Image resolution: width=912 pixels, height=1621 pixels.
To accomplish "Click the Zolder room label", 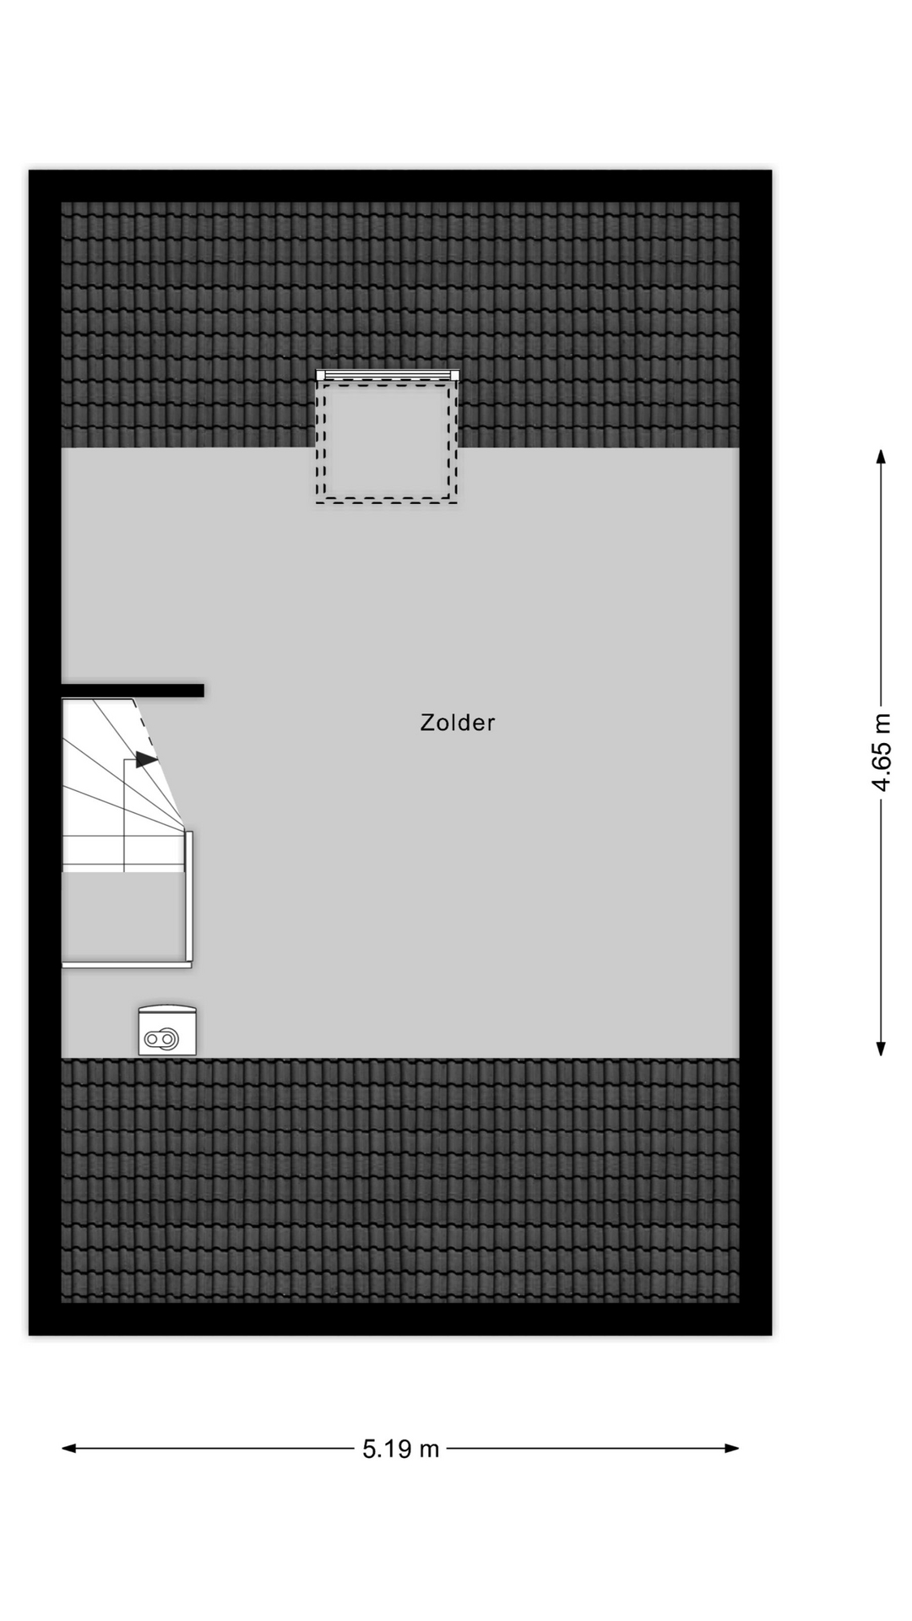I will tap(457, 723).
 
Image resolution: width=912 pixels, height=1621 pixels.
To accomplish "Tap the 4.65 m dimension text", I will tap(881, 752).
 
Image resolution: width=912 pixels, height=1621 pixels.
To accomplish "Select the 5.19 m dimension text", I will tap(401, 1449).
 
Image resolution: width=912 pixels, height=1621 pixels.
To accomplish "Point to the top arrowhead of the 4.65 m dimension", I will tap(881, 457).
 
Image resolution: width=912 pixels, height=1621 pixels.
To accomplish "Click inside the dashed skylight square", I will tap(387, 441).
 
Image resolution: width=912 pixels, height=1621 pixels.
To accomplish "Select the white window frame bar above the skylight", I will tap(388, 375).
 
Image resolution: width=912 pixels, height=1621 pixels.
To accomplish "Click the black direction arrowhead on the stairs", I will tap(146, 759).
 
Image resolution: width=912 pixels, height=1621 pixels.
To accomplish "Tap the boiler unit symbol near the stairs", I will tap(167, 1032).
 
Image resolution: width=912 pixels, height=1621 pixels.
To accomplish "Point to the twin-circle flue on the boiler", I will tap(160, 1039).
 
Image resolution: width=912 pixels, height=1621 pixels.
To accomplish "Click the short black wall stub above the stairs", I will tap(133, 691).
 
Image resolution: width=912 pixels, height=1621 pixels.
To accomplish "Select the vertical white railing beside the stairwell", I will tap(189, 895).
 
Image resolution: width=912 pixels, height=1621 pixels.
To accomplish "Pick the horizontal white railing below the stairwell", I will tap(127, 963).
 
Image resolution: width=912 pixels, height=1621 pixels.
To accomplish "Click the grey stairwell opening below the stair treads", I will tap(123, 915).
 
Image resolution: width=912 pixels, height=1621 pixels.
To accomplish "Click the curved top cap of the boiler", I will tap(167, 1008).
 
